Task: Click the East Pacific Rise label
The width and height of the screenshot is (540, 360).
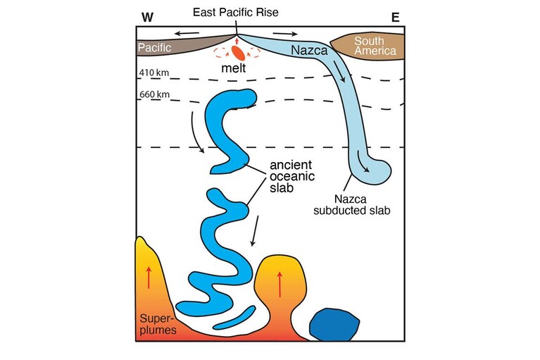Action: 236,13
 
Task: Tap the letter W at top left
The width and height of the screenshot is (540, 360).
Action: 147,17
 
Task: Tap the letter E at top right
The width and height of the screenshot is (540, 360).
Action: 396,17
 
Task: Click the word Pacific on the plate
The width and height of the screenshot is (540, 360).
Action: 154,47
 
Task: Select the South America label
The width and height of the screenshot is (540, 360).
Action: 375,46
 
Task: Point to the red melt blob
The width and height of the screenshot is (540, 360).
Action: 238,53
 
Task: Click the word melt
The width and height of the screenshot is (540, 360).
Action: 234,68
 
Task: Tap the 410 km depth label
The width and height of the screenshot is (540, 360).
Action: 154,73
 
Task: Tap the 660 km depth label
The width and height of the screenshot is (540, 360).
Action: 154,94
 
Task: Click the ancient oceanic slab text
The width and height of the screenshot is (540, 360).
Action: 292,176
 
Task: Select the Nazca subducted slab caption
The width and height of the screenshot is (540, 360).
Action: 351,204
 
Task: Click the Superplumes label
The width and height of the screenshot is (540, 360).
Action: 158,324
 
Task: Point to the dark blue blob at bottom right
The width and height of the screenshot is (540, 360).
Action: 334,325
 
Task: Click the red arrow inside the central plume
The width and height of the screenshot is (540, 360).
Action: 280,284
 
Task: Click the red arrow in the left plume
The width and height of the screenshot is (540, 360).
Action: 149,278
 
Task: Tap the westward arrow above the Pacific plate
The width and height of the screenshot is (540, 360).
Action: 187,33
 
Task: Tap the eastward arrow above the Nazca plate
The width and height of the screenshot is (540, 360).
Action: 285,34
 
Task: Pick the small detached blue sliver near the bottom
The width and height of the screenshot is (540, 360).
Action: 234,318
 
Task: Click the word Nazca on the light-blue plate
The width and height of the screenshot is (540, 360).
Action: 309,50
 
